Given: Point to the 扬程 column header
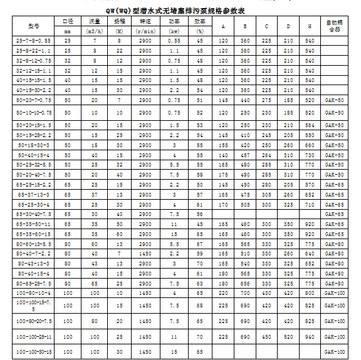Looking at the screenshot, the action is (119, 21).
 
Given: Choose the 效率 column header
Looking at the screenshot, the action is (200, 21).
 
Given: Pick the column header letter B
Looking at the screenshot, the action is (245, 26).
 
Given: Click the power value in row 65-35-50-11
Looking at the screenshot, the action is (174, 224).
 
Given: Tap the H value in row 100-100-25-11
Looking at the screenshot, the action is (309, 337).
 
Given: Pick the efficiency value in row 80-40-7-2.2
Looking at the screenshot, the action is (200, 254).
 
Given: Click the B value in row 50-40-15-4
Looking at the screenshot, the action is (245, 155).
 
